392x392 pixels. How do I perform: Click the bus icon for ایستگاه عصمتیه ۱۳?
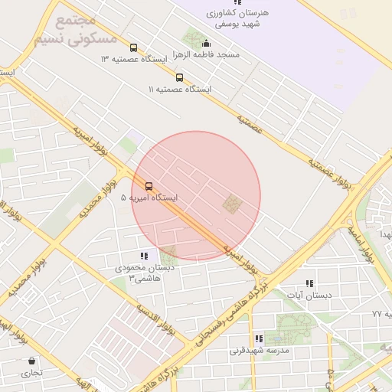pos(134,47)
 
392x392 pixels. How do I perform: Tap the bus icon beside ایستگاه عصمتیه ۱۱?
pos(179,77)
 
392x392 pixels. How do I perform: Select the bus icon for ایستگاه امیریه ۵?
pos(149,186)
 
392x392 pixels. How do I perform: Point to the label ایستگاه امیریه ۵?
pos(149,198)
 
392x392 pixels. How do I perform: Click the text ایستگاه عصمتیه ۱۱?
pos(180,90)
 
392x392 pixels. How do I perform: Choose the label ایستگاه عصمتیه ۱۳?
pos(135,59)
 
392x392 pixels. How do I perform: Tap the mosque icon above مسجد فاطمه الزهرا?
pos(206,44)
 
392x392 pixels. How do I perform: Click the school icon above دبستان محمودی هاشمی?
pos(144,256)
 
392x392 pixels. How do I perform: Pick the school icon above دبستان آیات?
pos(309,283)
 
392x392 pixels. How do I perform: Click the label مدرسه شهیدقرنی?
pos(260,351)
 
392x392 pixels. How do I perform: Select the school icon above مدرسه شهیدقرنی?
pos(260,338)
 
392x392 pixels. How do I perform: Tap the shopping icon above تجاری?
pos(31,361)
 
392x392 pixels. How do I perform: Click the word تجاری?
pos(31,373)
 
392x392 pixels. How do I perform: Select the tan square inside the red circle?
pos(231,204)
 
